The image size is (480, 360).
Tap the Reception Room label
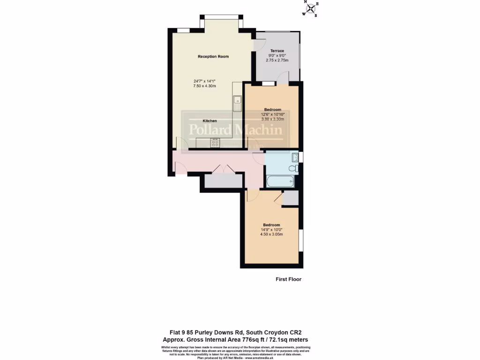[213, 57]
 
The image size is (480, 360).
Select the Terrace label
[277, 51]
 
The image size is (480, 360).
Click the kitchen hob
[215, 144]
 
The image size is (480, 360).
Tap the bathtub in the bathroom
[280, 181]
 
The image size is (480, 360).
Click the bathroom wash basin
[295, 157]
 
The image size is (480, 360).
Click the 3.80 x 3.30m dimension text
[273, 119]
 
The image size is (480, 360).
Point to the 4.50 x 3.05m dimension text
[271, 234]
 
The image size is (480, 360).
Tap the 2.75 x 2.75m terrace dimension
[277, 60]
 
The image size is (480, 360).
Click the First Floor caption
[288, 279]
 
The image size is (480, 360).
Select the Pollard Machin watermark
[235, 130]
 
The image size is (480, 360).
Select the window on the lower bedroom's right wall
[301, 239]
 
